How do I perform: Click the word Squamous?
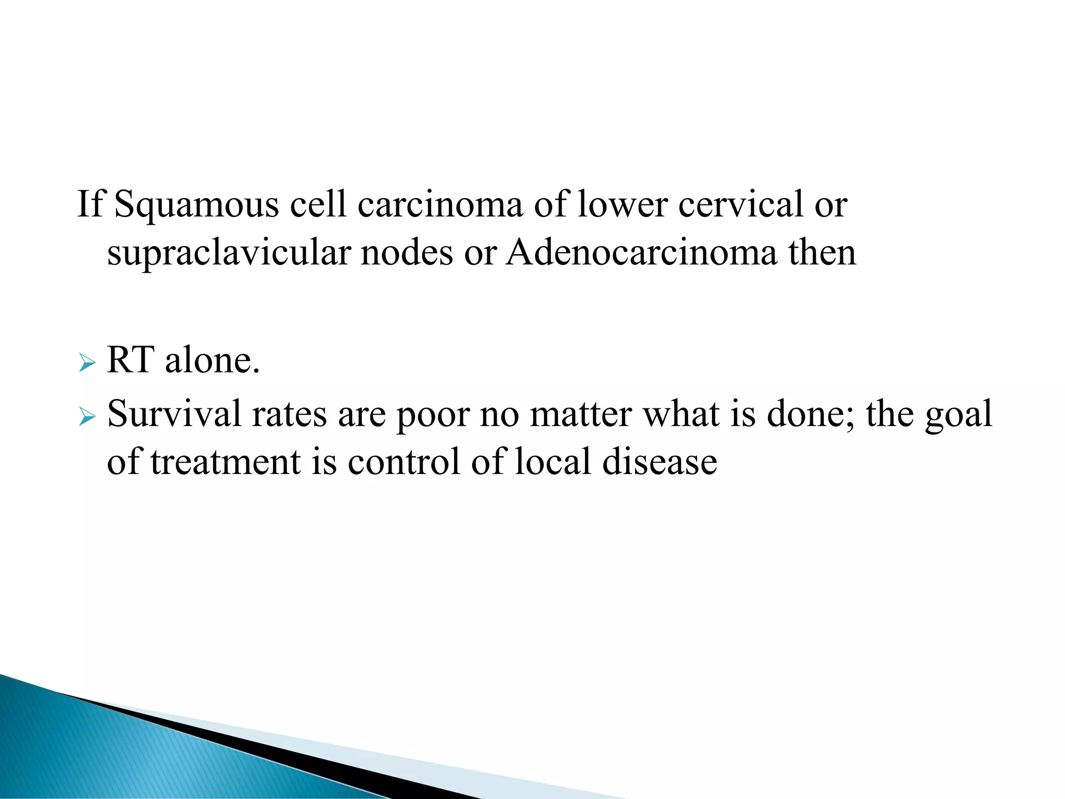(x=196, y=205)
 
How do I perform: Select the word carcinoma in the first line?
(x=440, y=204)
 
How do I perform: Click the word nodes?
(x=407, y=253)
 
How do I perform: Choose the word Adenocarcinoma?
(x=642, y=253)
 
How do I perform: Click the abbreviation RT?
(x=131, y=360)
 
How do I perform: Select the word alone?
(x=212, y=360)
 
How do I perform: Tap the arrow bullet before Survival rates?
(x=87, y=416)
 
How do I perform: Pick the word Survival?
(x=174, y=414)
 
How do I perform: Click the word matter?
(x=581, y=414)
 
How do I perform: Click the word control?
(x=404, y=462)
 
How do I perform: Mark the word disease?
(x=659, y=462)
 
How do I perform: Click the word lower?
(x=623, y=205)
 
